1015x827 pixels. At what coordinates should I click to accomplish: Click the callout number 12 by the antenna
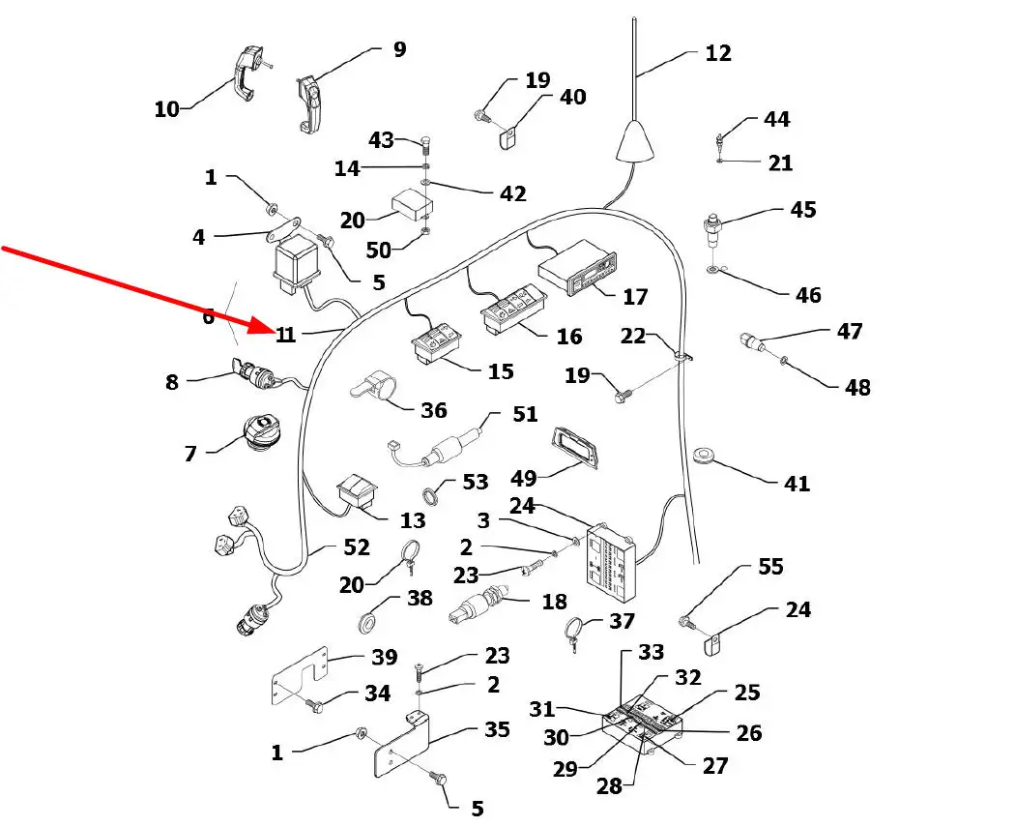point(718,53)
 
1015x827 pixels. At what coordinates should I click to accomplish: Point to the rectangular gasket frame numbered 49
point(575,448)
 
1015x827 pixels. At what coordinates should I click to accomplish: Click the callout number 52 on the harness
point(356,547)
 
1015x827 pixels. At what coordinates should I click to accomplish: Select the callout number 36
point(434,410)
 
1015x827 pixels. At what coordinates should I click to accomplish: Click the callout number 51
point(525,416)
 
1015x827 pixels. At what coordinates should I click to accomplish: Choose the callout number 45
point(802,210)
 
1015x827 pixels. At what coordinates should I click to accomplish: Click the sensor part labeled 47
point(752,341)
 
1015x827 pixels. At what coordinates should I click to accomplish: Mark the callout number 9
point(399,49)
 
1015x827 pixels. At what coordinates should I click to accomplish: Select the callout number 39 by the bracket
point(385,658)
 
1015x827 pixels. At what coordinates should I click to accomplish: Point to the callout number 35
point(497,729)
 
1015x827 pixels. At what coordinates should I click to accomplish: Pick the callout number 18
point(554,602)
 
